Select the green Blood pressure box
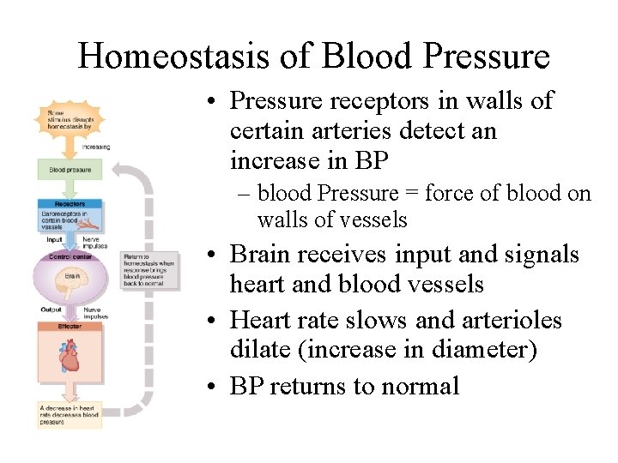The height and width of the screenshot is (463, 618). click(x=69, y=170)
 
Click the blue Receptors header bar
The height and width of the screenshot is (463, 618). click(x=69, y=204)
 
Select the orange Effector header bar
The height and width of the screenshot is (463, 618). click(x=69, y=326)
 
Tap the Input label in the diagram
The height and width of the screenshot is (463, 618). click(x=53, y=240)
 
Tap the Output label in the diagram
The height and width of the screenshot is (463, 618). click(x=51, y=310)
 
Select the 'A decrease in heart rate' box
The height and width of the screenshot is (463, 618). click(x=69, y=414)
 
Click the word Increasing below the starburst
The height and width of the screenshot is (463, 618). click(x=96, y=147)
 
